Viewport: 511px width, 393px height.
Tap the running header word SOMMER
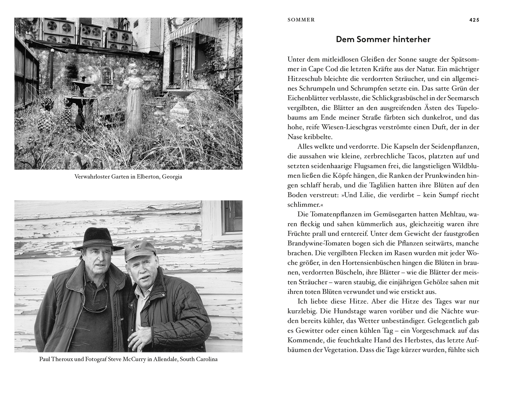click(x=301, y=20)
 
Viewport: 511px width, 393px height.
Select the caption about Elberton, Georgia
click(x=128, y=177)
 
